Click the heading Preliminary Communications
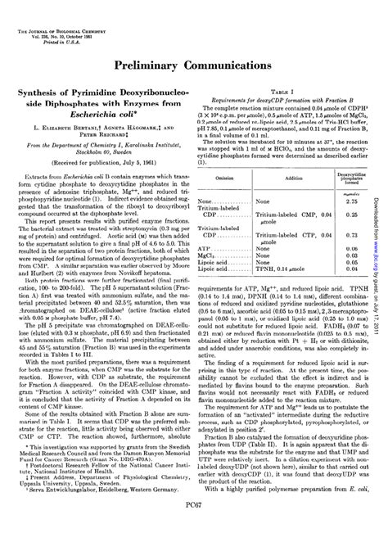tap(194, 63)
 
